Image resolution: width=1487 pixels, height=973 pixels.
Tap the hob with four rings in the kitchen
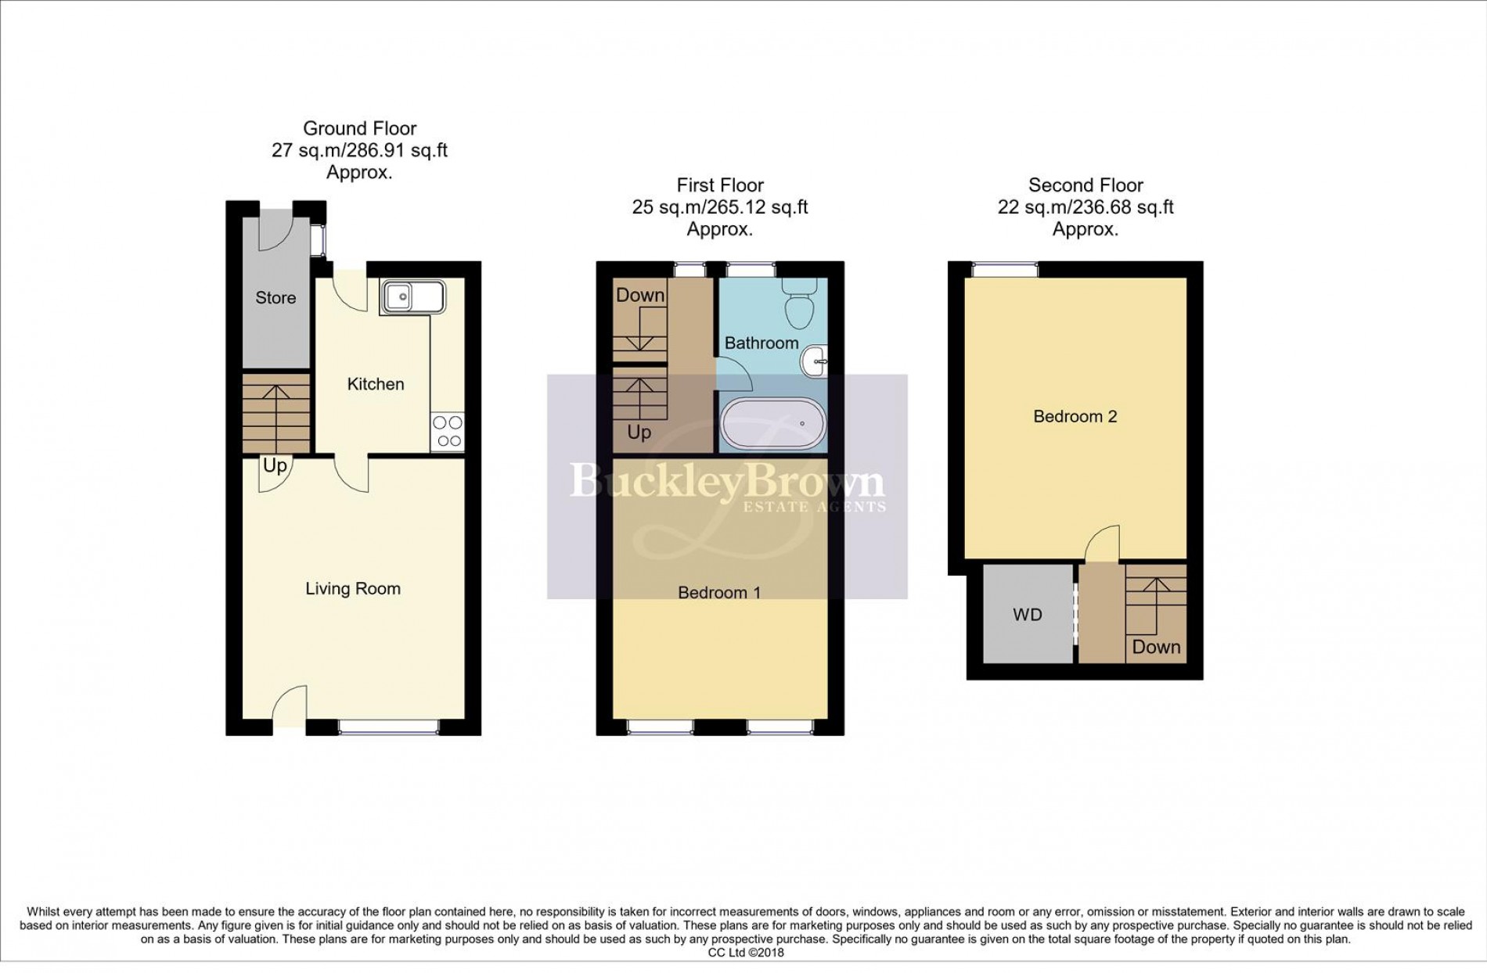click(x=447, y=432)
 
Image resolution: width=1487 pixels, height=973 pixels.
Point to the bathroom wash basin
click(x=815, y=361)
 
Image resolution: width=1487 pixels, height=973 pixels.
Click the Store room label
click(x=275, y=298)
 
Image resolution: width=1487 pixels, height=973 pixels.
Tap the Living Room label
click(x=353, y=589)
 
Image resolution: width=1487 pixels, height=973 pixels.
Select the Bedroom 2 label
click(x=1075, y=417)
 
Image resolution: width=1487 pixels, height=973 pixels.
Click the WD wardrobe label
click(x=1028, y=616)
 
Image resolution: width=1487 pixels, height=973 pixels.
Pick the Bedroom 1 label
click(x=718, y=593)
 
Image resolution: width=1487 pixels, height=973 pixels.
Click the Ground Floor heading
click(x=359, y=128)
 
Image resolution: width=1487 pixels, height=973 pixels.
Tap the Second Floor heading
click(x=1085, y=185)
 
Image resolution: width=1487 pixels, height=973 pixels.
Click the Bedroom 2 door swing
click(x=1103, y=544)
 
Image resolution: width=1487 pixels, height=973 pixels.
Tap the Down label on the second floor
click(x=1156, y=648)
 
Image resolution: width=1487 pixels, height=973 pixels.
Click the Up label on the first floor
click(x=639, y=433)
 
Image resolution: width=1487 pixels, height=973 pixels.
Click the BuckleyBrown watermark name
click(x=727, y=480)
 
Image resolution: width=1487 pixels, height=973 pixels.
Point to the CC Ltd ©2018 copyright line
click(x=745, y=953)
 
